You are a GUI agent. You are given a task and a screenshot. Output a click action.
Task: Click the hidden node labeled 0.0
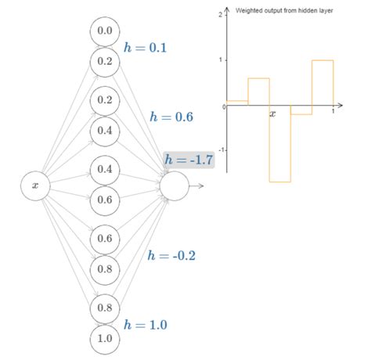[105, 31]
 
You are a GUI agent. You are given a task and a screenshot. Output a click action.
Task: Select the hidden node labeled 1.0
[105, 339]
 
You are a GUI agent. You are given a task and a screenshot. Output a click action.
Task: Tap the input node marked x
[35, 185]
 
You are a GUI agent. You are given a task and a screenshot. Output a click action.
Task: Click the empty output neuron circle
[175, 185]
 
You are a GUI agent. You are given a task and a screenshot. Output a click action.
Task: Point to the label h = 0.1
[146, 48]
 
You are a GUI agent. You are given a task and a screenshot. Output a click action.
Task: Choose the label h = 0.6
[171, 117]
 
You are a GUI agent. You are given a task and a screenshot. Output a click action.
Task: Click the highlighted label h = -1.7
[189, 160]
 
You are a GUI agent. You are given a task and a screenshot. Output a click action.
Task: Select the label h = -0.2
[171, 255]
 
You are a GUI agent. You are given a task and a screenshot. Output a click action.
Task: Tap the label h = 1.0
[146, 324]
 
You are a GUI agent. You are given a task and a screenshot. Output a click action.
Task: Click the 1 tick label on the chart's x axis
[333, 112]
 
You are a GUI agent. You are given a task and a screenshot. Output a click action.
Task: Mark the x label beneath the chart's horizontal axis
[273, 114]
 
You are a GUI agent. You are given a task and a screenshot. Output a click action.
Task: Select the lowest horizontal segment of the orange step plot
[280, 182]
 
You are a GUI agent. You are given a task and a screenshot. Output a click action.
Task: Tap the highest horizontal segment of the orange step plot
[322, 60]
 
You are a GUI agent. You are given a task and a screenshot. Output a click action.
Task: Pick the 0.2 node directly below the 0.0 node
[105, 60]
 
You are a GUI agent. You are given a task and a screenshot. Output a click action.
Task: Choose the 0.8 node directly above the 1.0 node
[105, 308]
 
